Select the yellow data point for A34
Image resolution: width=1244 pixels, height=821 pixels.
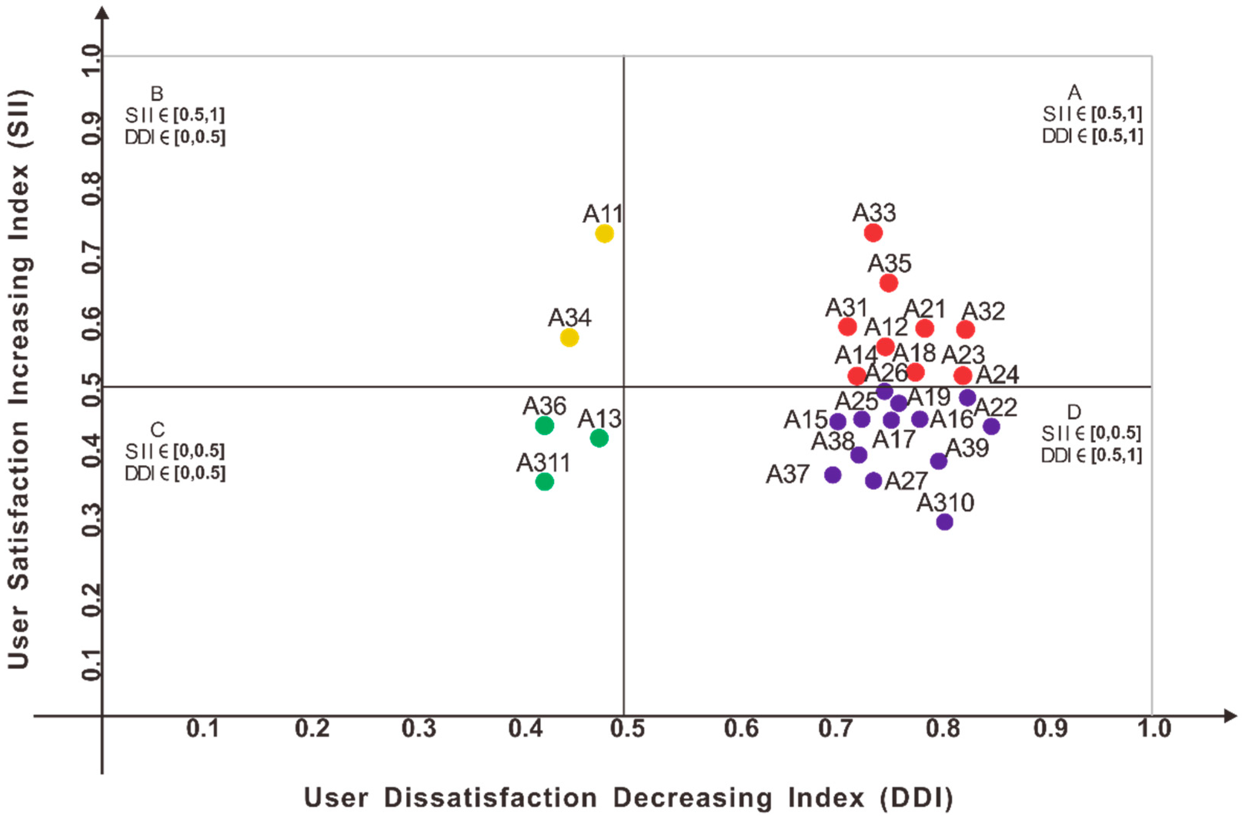569,338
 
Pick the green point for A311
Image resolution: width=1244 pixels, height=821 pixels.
544,481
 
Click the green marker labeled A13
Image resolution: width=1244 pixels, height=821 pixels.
599,438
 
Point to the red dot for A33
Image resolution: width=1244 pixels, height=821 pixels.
873,233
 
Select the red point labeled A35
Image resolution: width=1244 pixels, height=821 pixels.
889,283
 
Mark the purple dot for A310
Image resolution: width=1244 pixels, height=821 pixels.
944,522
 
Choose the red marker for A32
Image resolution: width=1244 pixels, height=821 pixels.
965,330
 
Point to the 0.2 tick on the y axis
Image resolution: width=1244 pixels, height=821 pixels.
92,600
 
